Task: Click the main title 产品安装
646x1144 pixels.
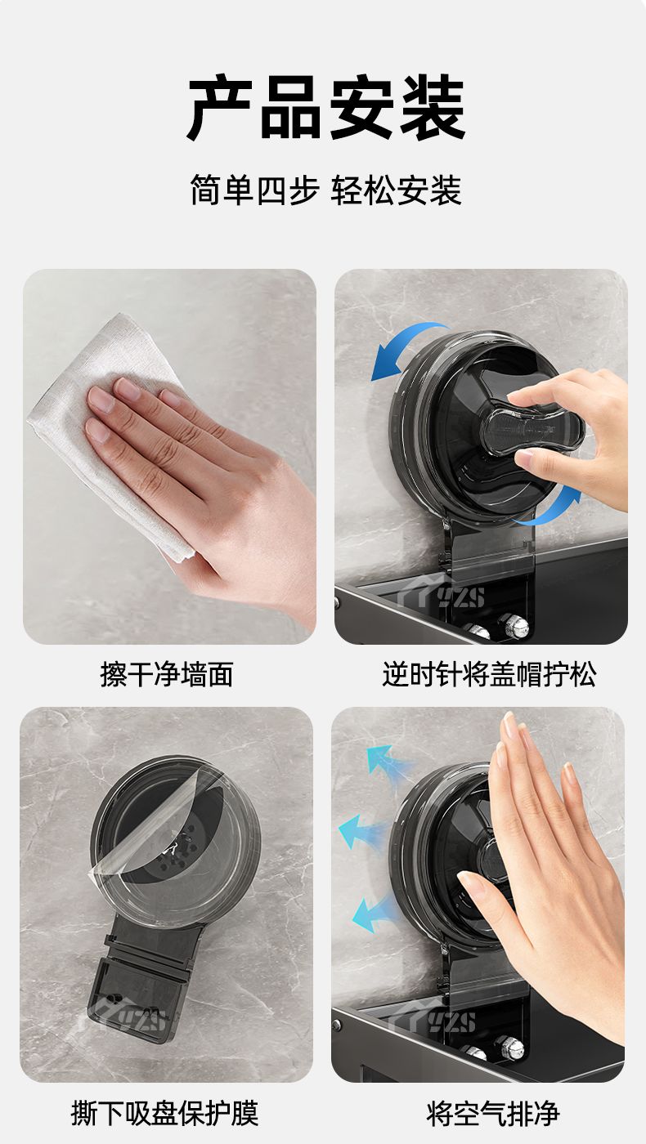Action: tap(326, 107)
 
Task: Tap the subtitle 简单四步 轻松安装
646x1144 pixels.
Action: tap(326, 190)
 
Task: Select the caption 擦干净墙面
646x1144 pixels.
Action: tap(167, 674)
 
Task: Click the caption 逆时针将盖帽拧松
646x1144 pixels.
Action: tap(489, 674)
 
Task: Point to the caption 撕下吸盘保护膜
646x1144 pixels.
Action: tap(164, 1112)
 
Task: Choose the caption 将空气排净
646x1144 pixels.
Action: tap(493, 1112)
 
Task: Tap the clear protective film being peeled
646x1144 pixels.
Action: tap(159, 827)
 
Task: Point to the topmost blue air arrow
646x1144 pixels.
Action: tap(388, 761)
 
